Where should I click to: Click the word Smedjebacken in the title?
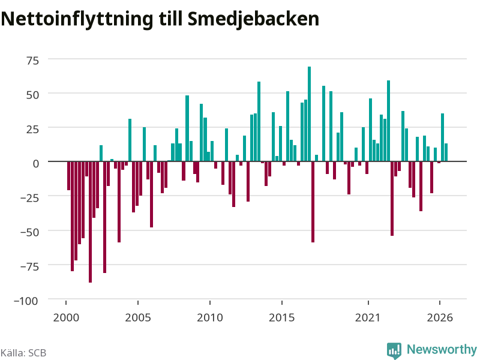[253, 19]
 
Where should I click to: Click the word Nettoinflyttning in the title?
[77, 20]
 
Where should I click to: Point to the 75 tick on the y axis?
[33, 61]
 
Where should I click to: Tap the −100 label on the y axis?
[26, 301]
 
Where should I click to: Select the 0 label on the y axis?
[36, 163]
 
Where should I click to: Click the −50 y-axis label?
[29, 232]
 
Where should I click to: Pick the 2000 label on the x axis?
[66, 317]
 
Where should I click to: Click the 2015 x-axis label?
[281, 317]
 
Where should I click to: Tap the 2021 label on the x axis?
[368, 317]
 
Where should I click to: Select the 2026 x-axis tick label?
[440, 317]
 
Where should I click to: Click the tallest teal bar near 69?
[309, 114]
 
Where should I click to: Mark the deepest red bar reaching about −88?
[91, 222]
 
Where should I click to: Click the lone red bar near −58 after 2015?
[313, 202]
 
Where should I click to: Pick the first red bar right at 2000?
[69, 176]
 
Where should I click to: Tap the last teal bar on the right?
[446, 152]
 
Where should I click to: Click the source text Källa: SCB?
[23, 353]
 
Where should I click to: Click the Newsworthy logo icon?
[394, 350]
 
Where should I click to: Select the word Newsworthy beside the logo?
[442, 349]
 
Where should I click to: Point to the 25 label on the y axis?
[33, 129]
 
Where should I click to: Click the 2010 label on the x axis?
[209, 317]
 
